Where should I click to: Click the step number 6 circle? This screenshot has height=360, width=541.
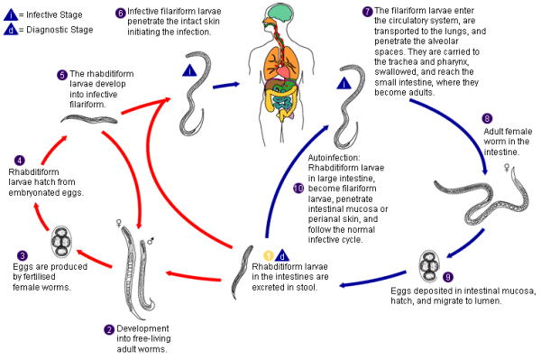(x=121, y=13)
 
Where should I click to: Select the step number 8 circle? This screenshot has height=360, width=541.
(x=488, y=117)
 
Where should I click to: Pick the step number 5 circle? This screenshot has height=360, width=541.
(x=62, y=74)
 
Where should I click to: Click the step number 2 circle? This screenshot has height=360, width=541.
(x=109, y=329)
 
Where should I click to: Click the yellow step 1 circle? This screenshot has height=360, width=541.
(x=267, y=254)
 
